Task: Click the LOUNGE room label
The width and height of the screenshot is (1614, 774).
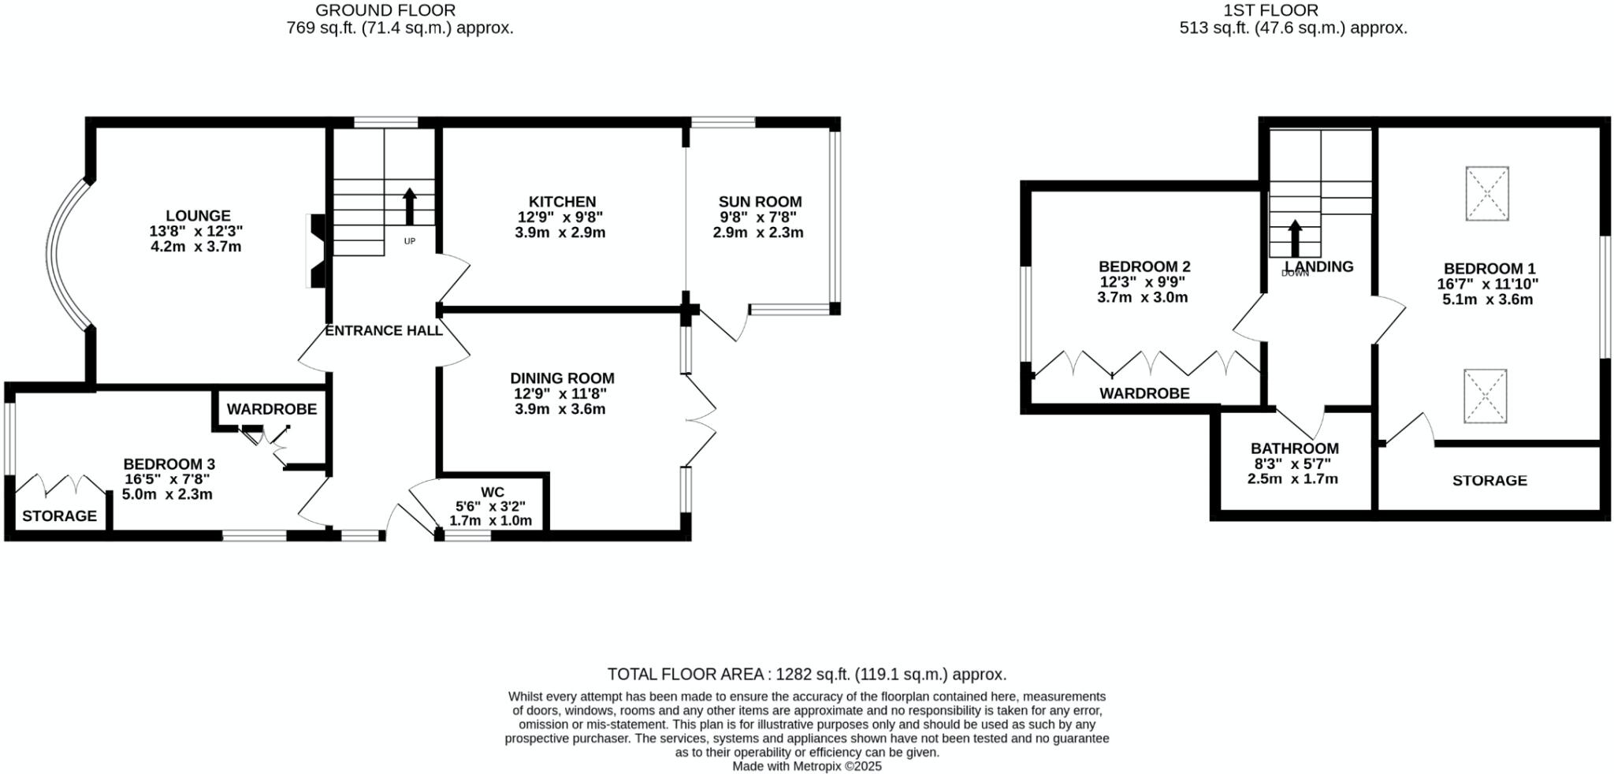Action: click(x=198, y=216)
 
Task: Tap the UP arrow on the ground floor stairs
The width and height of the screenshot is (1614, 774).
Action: click(x=410, y=207)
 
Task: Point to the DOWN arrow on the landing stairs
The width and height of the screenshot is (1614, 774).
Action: click(x=1295, y=238)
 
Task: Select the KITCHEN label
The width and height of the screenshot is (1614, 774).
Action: click(x=562, y=202)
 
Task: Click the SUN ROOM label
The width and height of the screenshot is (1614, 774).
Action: click(x=760, y=202)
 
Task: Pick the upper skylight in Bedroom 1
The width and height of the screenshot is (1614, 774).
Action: click(x=1487, y=193)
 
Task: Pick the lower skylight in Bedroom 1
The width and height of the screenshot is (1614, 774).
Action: click(x=1486, y=396)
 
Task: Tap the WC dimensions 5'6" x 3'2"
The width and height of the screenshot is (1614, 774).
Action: click(x=490, y=507)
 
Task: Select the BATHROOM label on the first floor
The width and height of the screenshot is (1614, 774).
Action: click(x=1294, y=448)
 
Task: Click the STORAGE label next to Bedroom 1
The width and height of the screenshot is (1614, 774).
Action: click(x=1489, y=481)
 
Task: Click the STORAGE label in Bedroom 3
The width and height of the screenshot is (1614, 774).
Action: click(x=59, y=516)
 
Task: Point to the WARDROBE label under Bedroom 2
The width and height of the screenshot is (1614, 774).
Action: click(x=1144, y=393)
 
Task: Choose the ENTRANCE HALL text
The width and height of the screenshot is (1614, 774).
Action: click(x=384, y=331)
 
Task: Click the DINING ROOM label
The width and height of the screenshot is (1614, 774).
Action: click(x=562, y=378)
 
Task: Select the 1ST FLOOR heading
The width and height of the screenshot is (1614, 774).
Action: click(x=1292, y=10)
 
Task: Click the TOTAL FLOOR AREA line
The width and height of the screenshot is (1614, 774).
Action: click(x=806, y=675)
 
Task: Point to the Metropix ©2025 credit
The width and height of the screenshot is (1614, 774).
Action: click(x=807, y=766)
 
